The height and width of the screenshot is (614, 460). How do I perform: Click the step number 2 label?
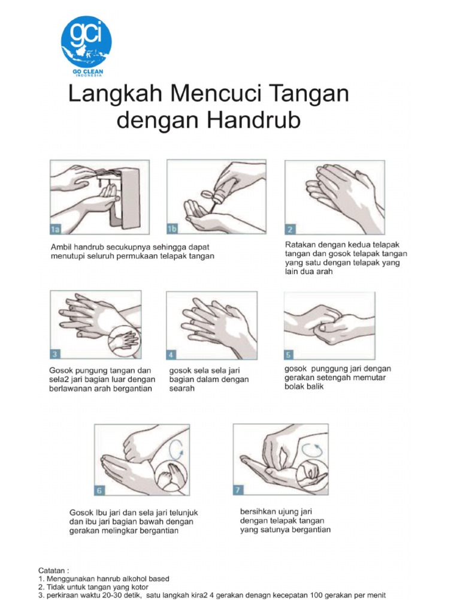point(290,229)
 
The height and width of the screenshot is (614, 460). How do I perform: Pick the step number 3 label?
point(55,353)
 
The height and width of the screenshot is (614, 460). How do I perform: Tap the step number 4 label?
point(171,354)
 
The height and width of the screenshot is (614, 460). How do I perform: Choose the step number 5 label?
point(289,353)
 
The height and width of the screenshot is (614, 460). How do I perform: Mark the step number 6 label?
point(100,490)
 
